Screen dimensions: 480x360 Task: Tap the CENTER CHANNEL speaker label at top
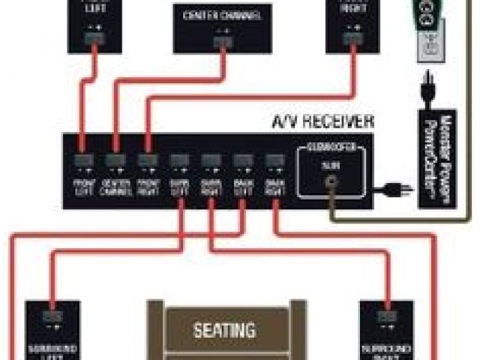click(x=223, y=14)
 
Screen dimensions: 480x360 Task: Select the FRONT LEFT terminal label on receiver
click(x=84, y=184)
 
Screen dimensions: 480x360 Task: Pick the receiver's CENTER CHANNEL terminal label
click(x=115, y=184)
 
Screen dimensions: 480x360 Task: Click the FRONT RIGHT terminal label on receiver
click(x=148, y=184)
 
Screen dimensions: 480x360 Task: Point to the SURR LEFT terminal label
click(x=179, y=184)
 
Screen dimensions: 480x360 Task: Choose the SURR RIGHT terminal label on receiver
click(x=211, y=184)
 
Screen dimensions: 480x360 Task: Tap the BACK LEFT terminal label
click(x=242, y=184)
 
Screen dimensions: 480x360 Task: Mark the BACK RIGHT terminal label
click(x=274, y=184)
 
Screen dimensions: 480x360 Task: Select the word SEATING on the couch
click(x=225, y=329)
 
